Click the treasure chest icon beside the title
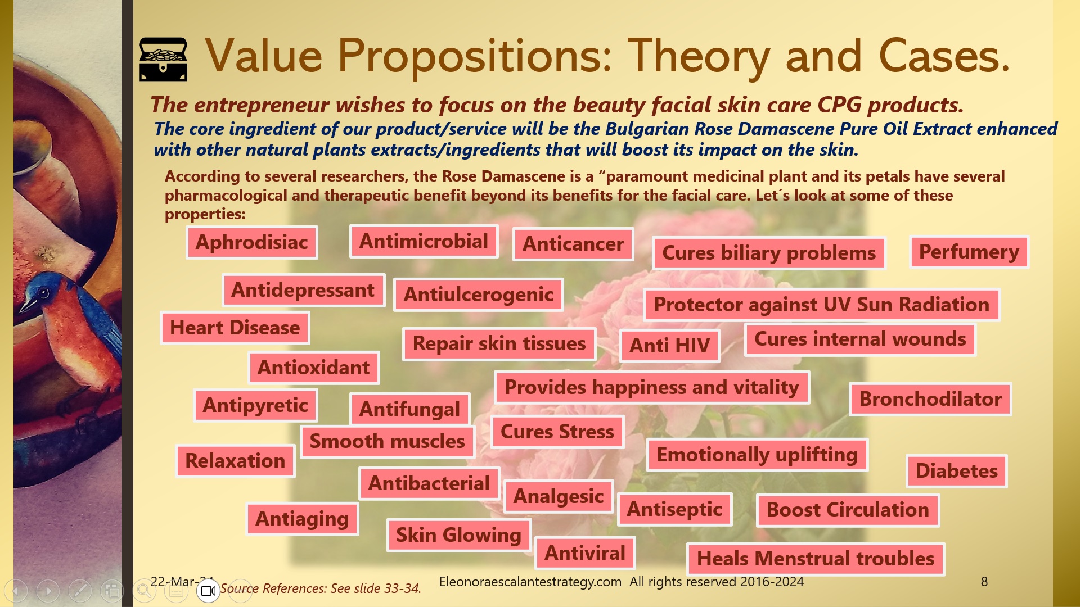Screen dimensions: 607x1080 tap(163, 59)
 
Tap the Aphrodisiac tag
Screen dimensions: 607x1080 tap(252, 242)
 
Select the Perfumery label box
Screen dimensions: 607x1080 tap(969, 252)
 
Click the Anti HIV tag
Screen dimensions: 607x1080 tap(669, 345)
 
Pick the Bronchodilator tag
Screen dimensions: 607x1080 tap(930, 399)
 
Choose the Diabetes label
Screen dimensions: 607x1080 tap(956, 470)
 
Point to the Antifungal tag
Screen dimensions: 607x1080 tap(409, 409)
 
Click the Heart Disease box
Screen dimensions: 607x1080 tap(235, 328)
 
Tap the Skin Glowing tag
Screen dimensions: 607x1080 tap(458, 534)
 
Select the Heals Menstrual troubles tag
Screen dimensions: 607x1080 tap(816, 559)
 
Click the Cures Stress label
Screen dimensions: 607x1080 tap(557, 432)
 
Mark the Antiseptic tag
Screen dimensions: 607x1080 tap(674, 509)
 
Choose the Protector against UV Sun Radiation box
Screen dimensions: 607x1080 tap(821, 305)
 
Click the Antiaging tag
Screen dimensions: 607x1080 tap(302, 519)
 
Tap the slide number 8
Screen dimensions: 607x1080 tap(984, 582)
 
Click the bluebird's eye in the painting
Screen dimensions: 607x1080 tap(43, 293)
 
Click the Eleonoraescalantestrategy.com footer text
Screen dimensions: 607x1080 tap(530, 582)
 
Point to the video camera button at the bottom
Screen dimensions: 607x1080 tap(208, 591)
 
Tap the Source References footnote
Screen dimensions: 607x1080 tap(320, 588)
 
